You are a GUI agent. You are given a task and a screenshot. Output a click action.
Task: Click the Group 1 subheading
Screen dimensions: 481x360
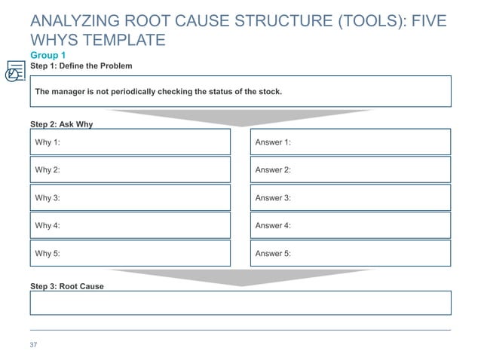tap(47, 56)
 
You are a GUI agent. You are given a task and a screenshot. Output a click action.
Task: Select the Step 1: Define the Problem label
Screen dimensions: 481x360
tap(81, 66)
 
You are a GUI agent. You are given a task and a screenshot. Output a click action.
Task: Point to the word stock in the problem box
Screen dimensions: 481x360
tap(268, 92)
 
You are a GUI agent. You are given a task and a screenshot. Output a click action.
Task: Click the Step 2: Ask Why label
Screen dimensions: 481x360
tap(61, 124)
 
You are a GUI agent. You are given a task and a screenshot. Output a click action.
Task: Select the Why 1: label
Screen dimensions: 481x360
tap(47, 142)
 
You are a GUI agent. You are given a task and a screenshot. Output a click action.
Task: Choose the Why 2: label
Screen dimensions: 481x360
tap(47, 170)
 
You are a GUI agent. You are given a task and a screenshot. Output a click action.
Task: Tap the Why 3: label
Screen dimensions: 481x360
tap(47, 198)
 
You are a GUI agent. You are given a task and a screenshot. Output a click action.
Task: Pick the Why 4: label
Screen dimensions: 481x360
tap(47, 226)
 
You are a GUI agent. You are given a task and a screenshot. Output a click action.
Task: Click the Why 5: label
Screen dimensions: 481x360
tap(47, 254)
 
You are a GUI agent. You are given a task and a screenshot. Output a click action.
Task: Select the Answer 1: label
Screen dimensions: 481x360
tap(273, 142)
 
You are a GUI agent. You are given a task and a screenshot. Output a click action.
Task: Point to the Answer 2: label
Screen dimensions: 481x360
tap(273, 170)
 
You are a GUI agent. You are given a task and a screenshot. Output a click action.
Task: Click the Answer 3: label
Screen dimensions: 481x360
tap(273, 198)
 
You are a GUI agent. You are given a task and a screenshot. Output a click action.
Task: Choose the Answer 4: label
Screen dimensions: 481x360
tap(273, 226)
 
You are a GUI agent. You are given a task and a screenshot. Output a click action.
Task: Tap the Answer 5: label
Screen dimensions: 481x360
tap(273, 254)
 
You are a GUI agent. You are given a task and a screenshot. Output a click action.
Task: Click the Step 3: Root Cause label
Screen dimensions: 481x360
tap(66, 287)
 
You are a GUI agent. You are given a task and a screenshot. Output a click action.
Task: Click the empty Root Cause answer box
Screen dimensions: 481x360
tap(240, 303)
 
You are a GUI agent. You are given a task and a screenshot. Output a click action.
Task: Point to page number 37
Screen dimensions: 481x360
tap(33, 345)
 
